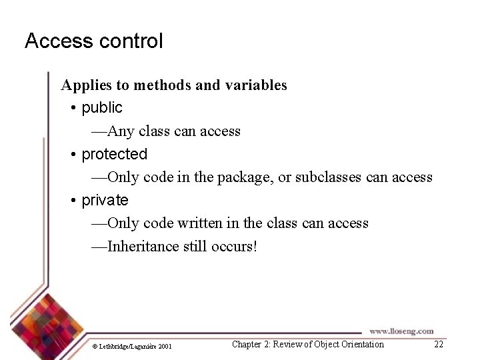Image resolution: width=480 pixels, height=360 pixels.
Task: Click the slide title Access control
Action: coord(93,41)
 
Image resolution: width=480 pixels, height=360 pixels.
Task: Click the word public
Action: coord(102,107)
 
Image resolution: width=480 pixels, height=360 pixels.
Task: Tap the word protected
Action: coord(114,154)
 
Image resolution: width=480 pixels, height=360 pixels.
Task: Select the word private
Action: coord(105,200)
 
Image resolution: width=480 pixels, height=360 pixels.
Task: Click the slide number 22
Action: coord(438,344)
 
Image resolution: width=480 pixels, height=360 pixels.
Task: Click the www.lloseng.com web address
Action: coord(401,331)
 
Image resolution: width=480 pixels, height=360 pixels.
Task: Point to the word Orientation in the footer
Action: coord(359,344)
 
